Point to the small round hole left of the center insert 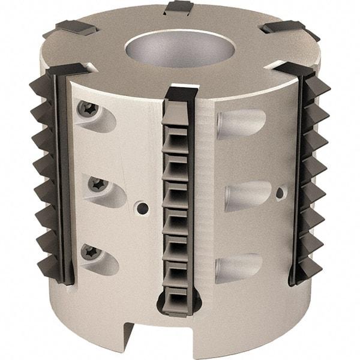point(142,208)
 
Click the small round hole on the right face point(279,193)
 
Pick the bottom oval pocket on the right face point(238,267)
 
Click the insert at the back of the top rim point(179,7)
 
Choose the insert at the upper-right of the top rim point(283,27)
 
